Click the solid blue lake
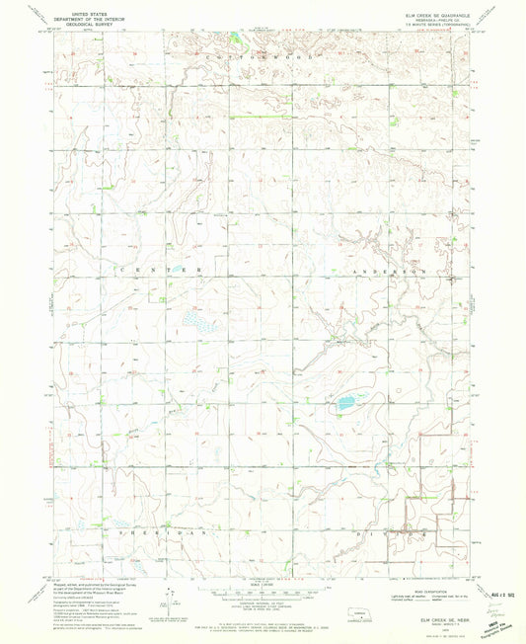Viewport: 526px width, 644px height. tap(346, 403)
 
